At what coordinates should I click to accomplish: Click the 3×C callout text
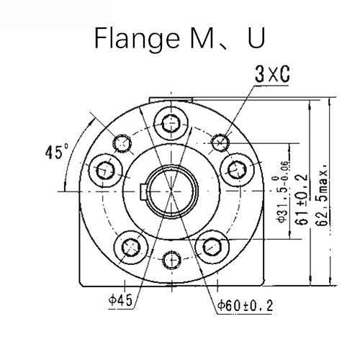point(272,74)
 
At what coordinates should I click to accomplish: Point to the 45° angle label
point(55,153)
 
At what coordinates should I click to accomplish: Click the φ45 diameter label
point(122,302)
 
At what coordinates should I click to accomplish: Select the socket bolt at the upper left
point(106,170)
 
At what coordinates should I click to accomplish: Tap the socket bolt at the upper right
point(238,170)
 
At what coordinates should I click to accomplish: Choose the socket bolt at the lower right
point(212,247)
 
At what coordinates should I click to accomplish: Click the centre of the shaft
point(172,191)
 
